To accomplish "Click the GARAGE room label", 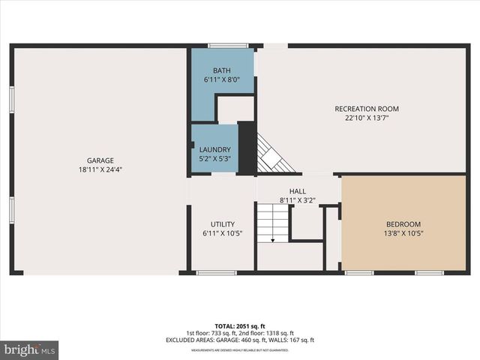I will tap(100, 160).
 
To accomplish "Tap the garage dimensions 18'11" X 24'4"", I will tap(100, 169).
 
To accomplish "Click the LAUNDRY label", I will tap(214, 149).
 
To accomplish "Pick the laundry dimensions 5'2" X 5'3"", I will tap(214, 158).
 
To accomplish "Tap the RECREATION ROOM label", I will tap(366, 109).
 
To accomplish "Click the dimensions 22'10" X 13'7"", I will tap(366, 118).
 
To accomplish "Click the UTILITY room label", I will tap(223, 224).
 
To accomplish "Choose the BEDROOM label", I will tap(403, 224).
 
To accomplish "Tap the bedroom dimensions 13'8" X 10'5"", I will tap(403, 233).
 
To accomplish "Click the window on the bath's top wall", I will tap(228, 46).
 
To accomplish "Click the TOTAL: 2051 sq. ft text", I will tap(240, 326).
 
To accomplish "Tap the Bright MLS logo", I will tap(30, 349).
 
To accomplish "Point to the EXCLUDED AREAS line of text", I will tap(240, 340).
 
